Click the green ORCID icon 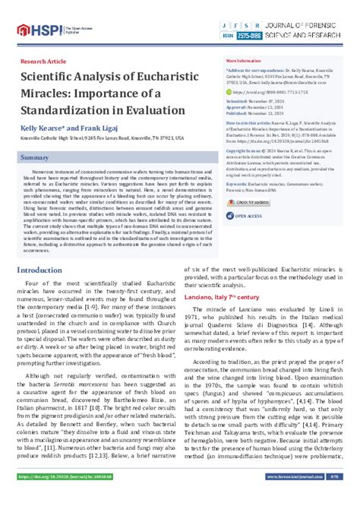tap(229, 92)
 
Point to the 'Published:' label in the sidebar tap(238, 112)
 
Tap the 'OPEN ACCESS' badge tap(248, 216)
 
